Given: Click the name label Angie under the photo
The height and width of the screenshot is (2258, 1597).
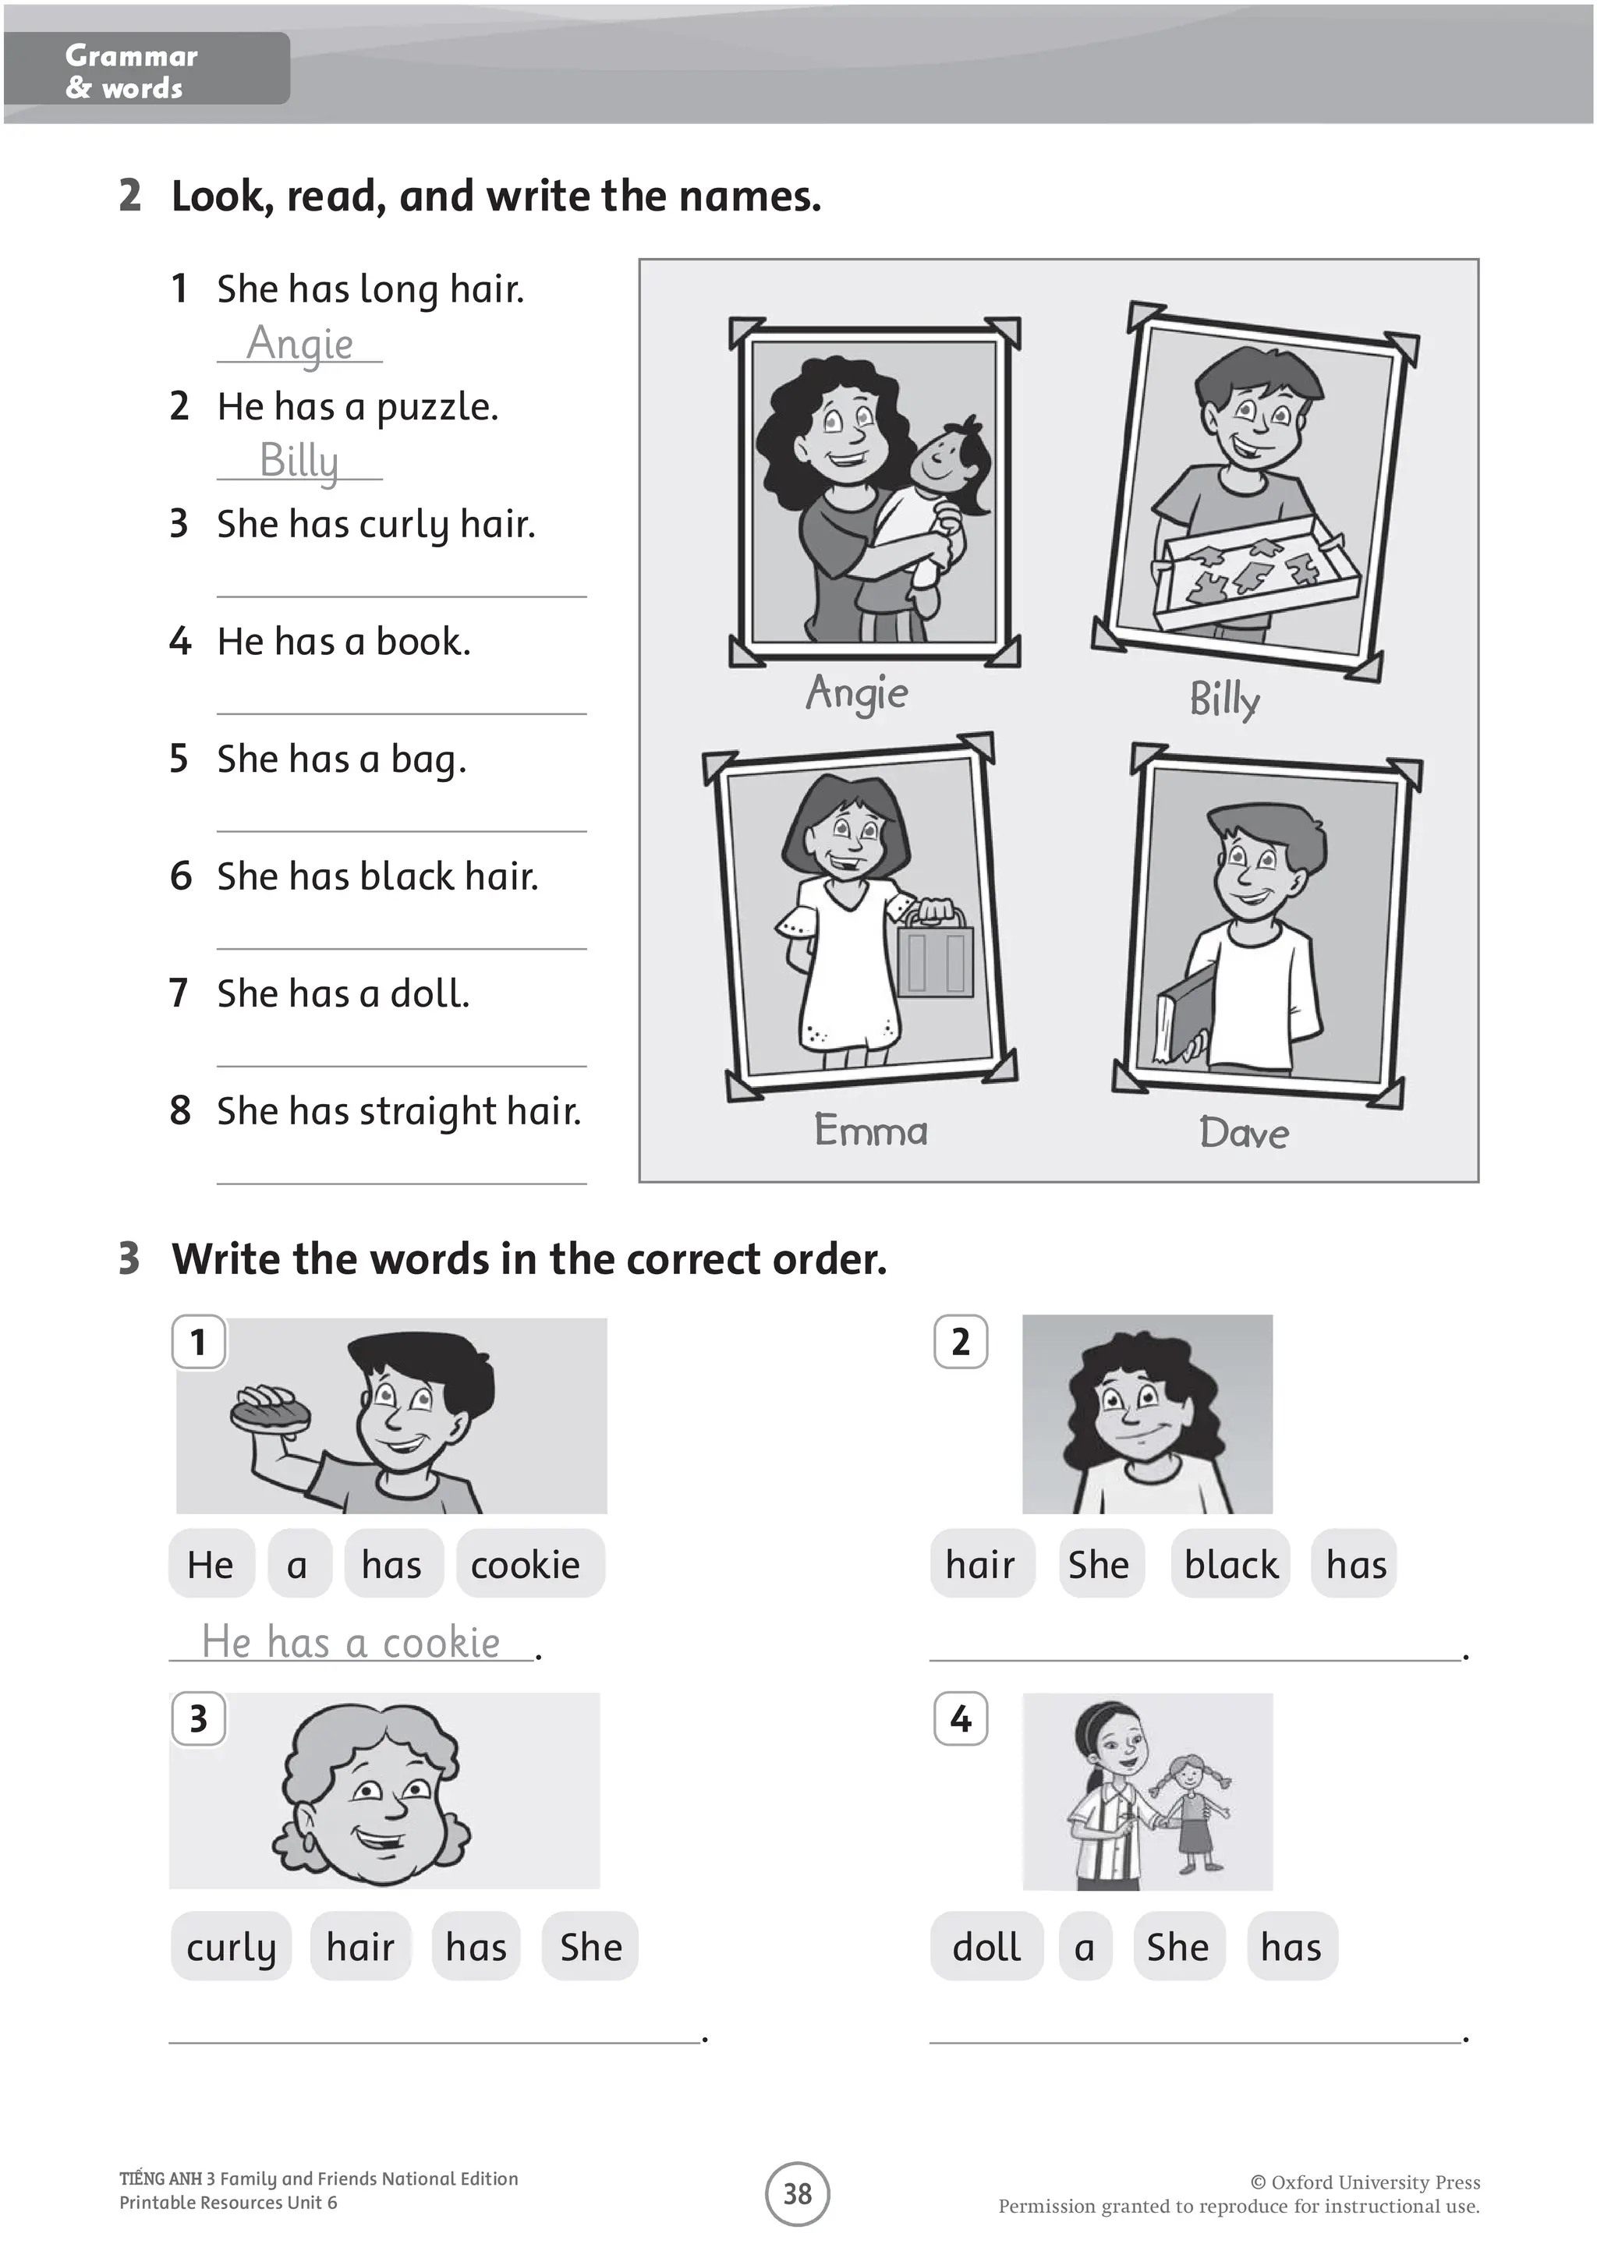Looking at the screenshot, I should coord(856,693).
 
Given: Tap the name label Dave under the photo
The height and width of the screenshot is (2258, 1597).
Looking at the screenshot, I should coord(1244,1133).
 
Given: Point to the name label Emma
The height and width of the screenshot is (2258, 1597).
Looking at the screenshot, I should coord(870,1130).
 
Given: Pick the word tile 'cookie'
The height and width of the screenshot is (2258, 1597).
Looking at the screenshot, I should coord(526,1565).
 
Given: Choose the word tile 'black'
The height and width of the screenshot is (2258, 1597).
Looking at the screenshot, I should coord(1231,1565).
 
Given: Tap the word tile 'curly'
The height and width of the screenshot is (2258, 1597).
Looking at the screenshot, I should coord(231,1947).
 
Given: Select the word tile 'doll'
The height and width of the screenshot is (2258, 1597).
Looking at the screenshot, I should coord(986,1947).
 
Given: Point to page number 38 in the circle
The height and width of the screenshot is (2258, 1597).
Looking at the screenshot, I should coord(798,2194).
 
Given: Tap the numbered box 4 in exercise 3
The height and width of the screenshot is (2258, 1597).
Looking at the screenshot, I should coord(961,1718).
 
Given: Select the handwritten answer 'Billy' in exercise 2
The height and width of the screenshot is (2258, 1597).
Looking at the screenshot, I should coord(299,460).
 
